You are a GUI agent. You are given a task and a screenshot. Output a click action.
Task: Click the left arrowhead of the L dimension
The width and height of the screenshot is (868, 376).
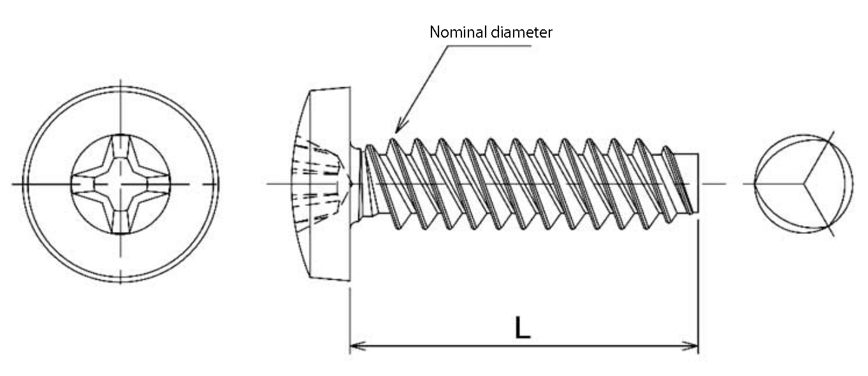(358, 345)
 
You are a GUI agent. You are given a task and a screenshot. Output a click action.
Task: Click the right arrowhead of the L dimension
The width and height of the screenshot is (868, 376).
(691, 346)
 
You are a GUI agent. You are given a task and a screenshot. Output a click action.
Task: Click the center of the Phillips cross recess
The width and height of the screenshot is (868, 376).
(120, 184)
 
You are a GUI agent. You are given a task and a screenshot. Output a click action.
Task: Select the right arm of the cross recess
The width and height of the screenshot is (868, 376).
(157, 184)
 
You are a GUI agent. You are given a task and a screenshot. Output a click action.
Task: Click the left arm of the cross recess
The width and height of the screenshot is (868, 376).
(83, 184)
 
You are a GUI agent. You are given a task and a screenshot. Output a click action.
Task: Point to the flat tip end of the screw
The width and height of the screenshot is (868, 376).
(698, 183)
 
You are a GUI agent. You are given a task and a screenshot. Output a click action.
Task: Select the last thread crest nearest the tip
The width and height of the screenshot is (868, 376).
(667, 149)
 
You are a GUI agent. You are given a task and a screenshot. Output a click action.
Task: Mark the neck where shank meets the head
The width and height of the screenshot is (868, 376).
(356, 184)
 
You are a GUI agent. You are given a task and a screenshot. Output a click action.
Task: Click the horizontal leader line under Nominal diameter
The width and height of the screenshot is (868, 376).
(489, 46)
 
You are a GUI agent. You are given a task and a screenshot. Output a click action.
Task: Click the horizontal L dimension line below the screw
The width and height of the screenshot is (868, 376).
(524, 346)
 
